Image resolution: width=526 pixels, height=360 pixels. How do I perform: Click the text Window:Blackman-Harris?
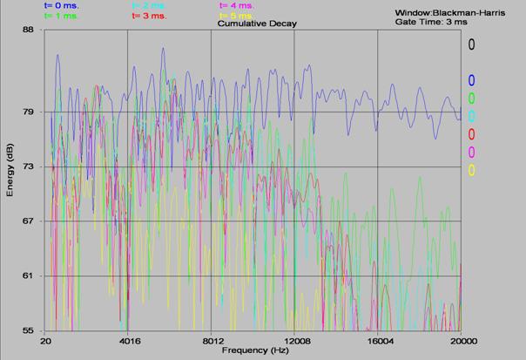443,13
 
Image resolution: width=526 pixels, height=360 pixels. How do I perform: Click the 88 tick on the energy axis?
28,30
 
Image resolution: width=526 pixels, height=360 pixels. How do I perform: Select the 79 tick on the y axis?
28,112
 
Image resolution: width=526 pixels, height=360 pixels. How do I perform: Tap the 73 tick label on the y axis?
28,166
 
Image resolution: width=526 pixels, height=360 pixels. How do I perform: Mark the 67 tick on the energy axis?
28,221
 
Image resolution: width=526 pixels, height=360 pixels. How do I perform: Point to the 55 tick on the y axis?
28,330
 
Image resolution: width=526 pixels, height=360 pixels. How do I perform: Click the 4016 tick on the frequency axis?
128,341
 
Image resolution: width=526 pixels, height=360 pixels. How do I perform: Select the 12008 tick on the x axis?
294,341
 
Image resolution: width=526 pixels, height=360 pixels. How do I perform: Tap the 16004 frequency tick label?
377,341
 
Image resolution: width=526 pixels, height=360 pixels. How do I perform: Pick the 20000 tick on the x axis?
461,341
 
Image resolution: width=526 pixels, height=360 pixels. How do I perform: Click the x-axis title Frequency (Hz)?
254,350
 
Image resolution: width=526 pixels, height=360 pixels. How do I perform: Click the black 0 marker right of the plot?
471,44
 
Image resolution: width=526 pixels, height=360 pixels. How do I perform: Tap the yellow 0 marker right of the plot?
471,170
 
